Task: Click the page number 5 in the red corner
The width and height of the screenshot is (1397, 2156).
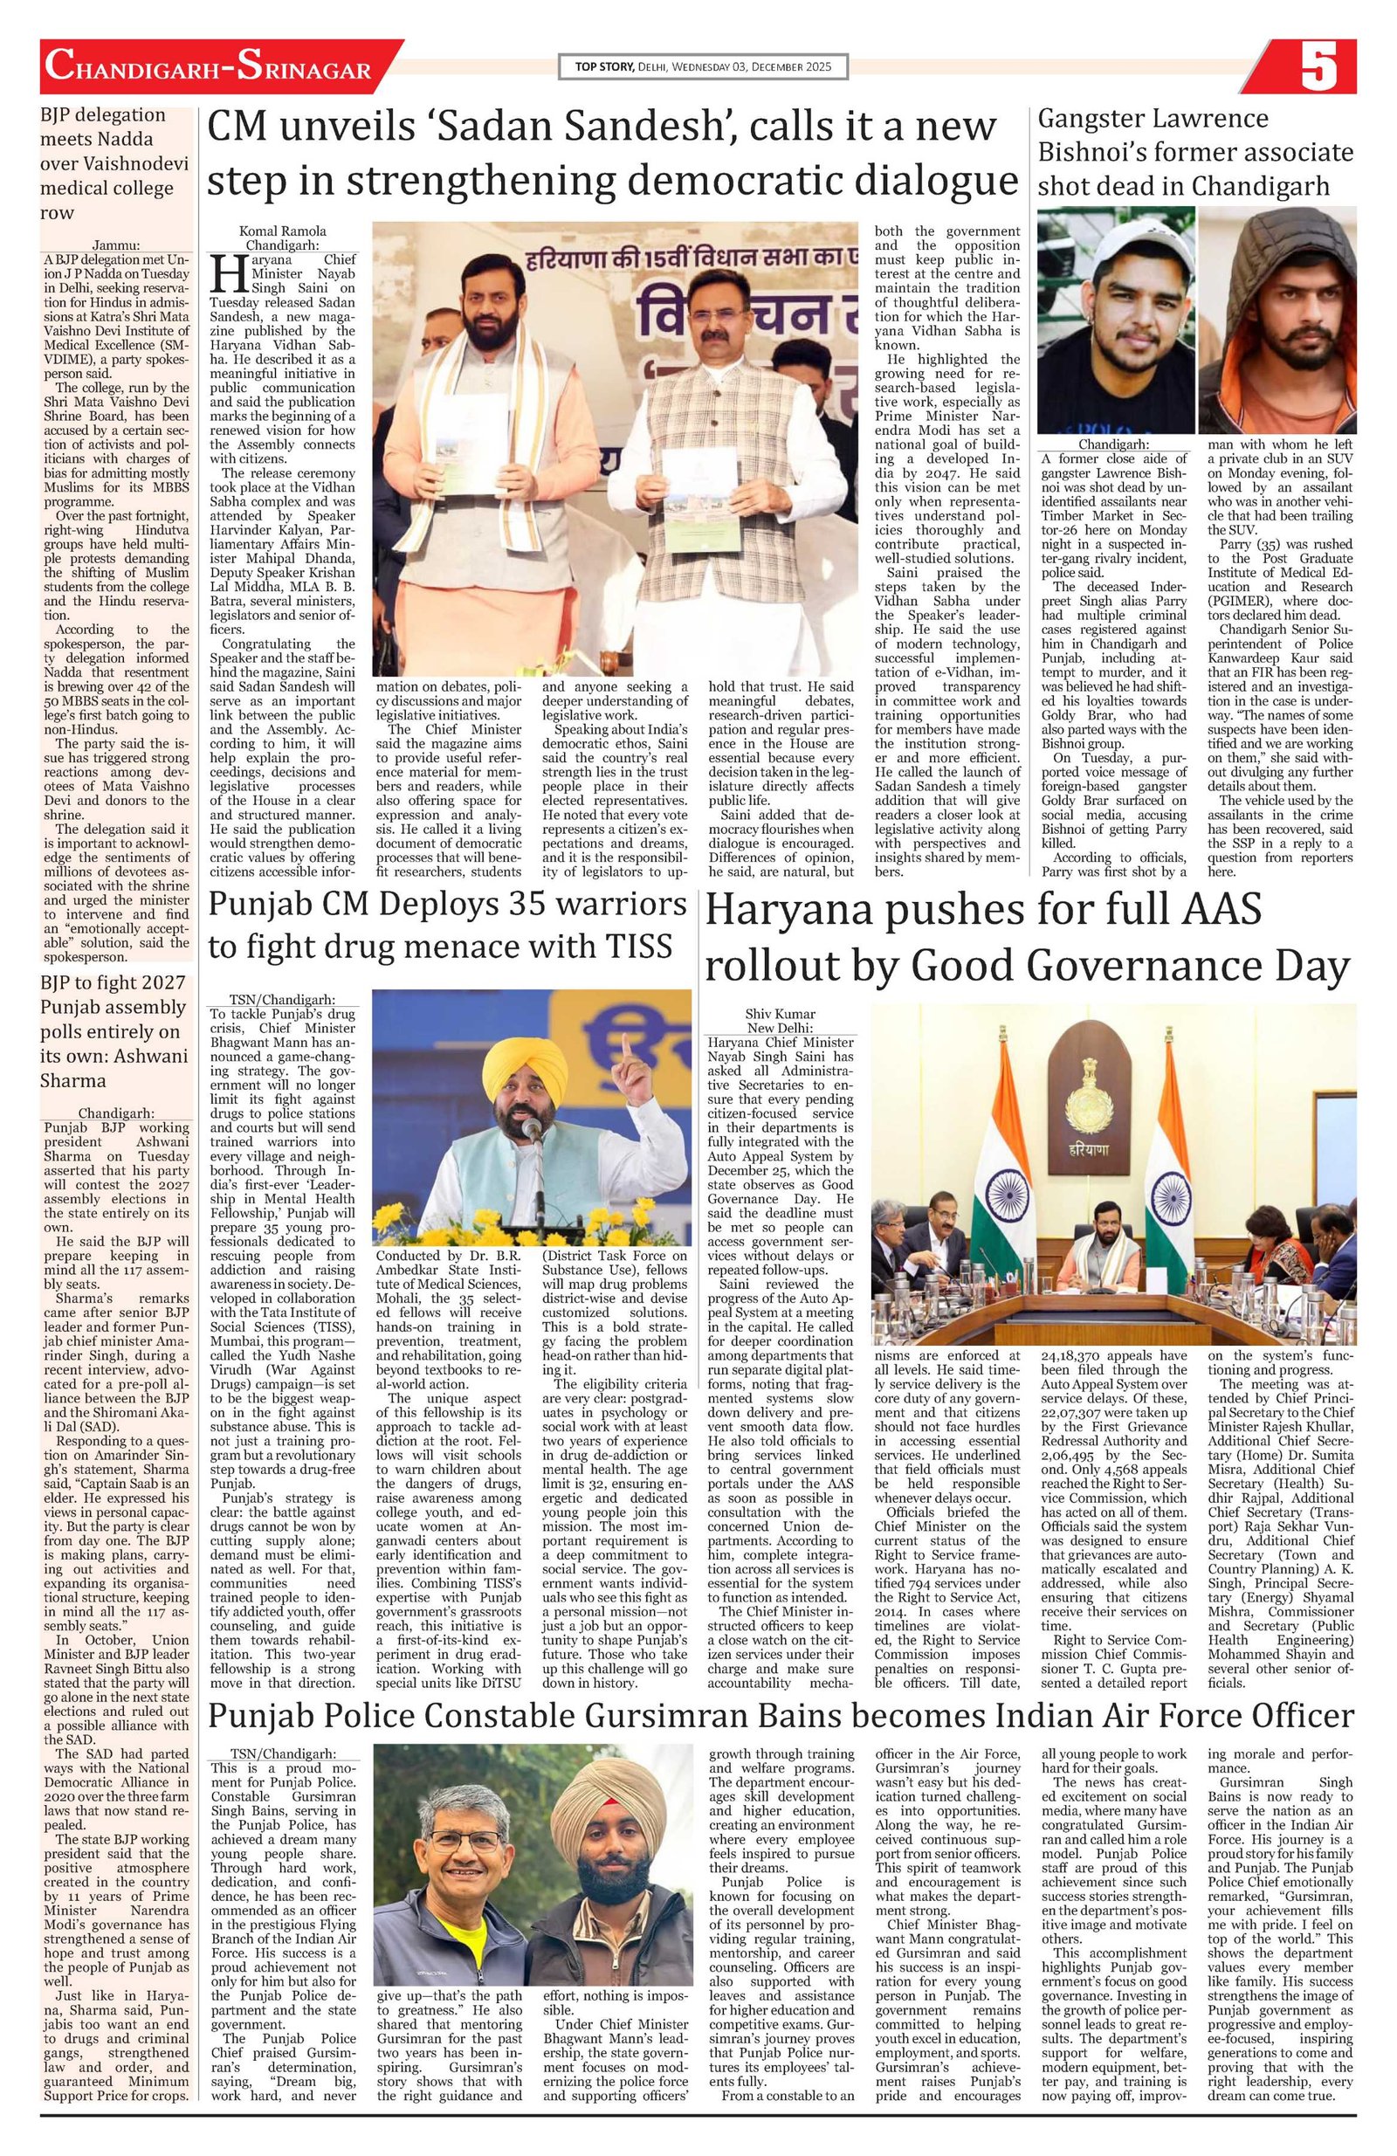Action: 1318,67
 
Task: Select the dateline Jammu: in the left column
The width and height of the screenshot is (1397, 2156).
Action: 116,244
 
